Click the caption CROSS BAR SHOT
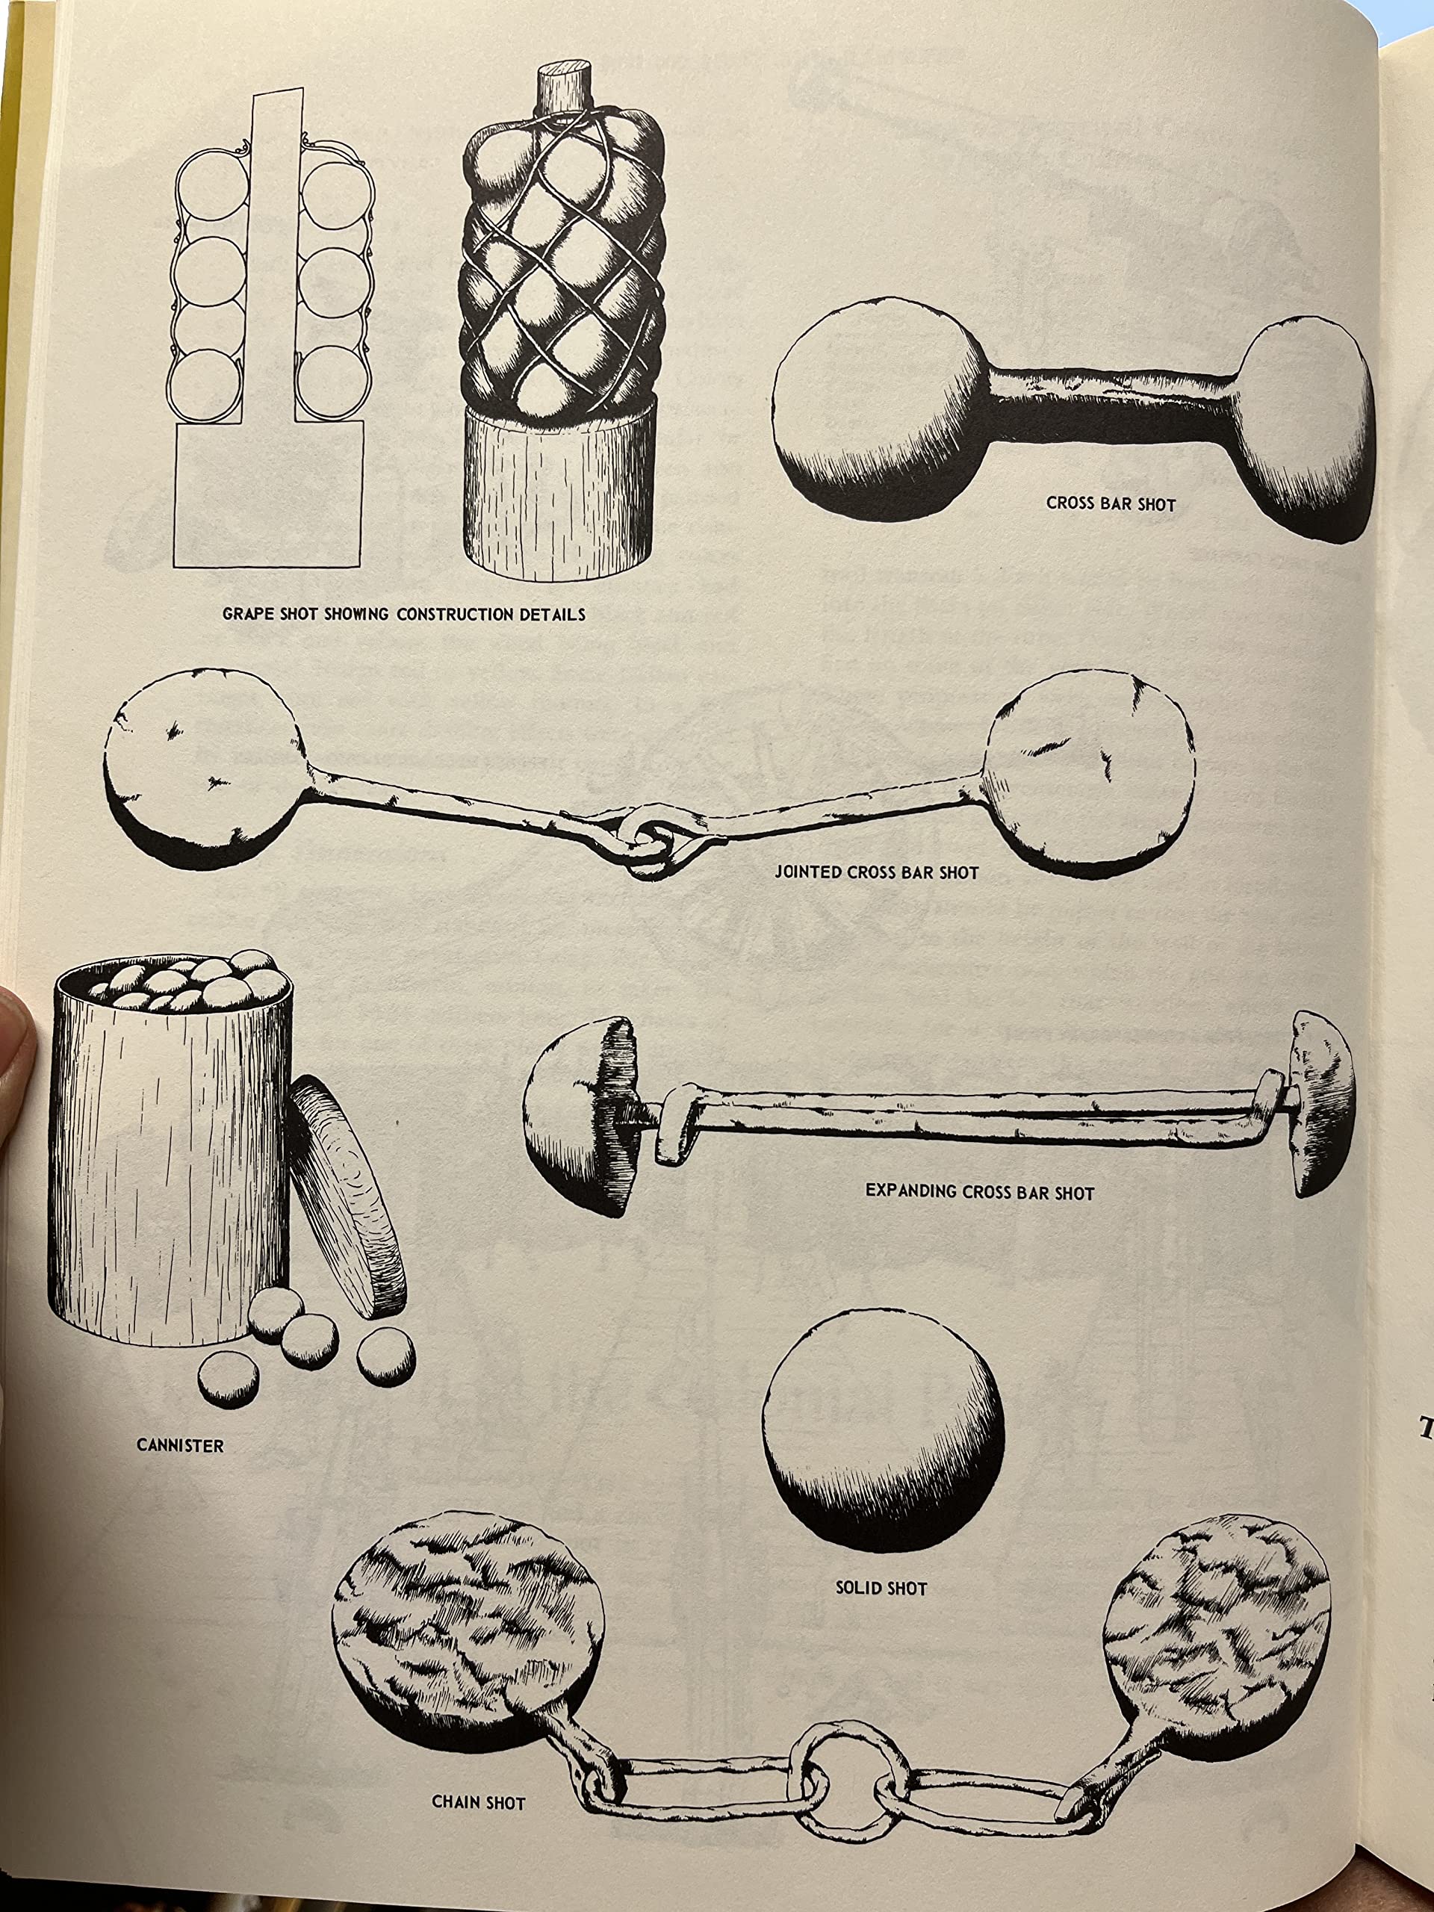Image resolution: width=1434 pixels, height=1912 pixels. click(1111, 503)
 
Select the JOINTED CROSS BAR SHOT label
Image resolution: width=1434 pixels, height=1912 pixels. click(877, 872)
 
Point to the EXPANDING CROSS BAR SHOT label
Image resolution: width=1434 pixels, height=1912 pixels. click(979, 1192)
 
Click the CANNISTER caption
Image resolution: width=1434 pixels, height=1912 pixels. click(180, 1444)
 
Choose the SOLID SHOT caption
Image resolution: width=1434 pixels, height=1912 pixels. click(881, 1588)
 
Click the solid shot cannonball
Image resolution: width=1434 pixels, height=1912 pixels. click(884, 1430)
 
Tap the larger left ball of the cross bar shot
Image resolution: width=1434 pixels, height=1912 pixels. click(881, 407)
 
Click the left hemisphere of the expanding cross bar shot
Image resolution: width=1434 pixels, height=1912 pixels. click(581, 1115)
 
